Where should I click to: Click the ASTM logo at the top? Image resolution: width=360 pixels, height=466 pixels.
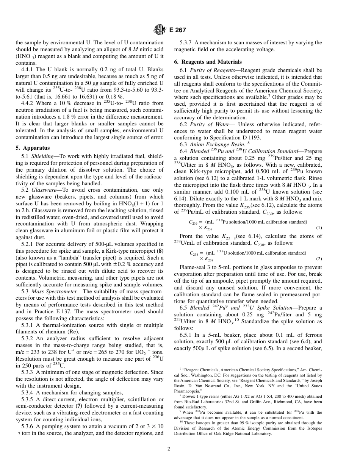[158, 30]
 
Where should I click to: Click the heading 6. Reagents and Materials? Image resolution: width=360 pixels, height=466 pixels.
[208, 61]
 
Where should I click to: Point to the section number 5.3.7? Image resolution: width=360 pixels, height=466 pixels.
[186, 42]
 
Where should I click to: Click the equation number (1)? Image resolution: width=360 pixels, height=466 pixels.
[319, 228]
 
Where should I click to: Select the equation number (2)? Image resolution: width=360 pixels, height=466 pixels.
[319, 259]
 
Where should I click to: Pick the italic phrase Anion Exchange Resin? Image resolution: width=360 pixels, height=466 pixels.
[210, 144]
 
